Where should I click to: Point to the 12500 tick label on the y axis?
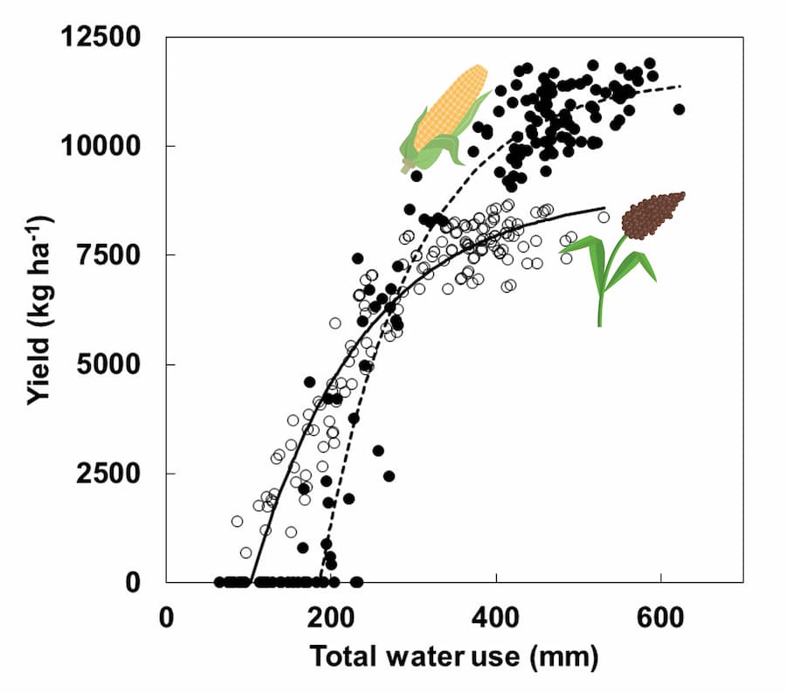(x=105, y=38)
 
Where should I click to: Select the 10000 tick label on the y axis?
(x=105, y=146)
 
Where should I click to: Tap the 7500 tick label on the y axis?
(x=112, y=255)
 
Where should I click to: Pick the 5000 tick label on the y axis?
(x=112, y=364)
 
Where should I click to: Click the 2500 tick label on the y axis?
(x=112, y=473)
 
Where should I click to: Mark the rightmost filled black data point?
(x=679, y=109)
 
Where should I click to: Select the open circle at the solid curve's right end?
(x=603, y=218)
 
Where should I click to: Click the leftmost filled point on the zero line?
(x=219, y=582)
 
